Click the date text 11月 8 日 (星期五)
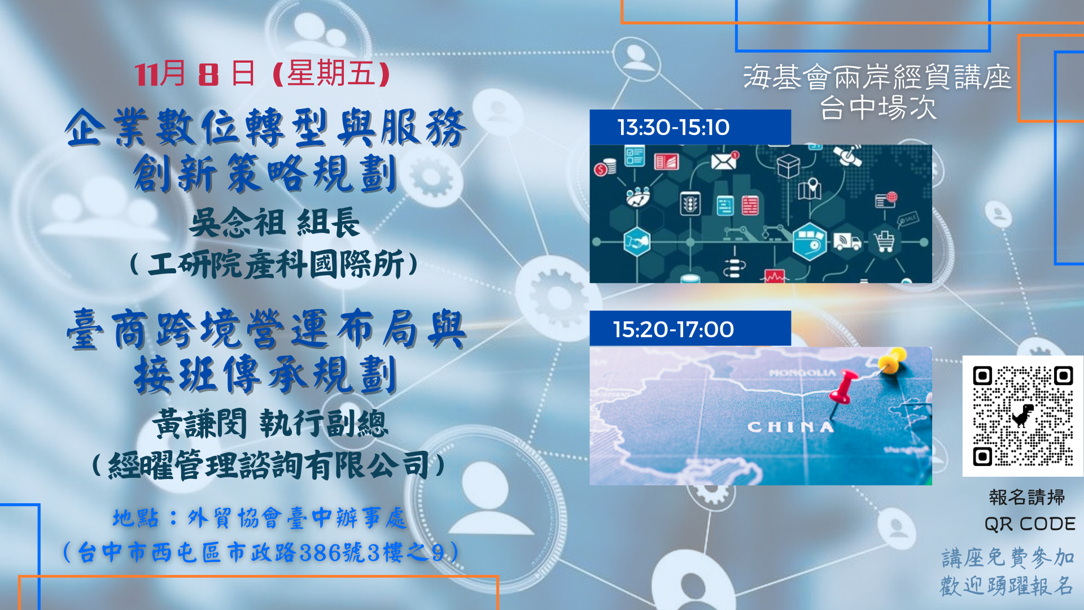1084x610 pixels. click(x=262, y=73)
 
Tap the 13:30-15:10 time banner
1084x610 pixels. click(x=690, y=127)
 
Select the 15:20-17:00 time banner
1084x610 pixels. click(x=690, y=329)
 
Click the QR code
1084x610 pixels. click(x=1022, y=416)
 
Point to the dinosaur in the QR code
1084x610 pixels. click(x=1022, y=416)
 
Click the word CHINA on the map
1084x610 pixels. click(x=790, y=427)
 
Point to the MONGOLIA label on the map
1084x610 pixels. click(x=802, y=373)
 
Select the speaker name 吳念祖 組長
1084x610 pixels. click(x=274, y=222)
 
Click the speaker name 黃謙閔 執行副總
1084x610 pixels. click(x=270, y=424)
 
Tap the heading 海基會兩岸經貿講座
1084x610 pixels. click(x=877, y=77)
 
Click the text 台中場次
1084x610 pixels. click(x=878, y=107)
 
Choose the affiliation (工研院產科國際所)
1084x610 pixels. click(x=274, y=264)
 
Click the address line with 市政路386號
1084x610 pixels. click(x=261, y=552)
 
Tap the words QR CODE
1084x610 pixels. click(x=1030, y=524)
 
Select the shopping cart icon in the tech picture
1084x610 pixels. click(x=884, y=242)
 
